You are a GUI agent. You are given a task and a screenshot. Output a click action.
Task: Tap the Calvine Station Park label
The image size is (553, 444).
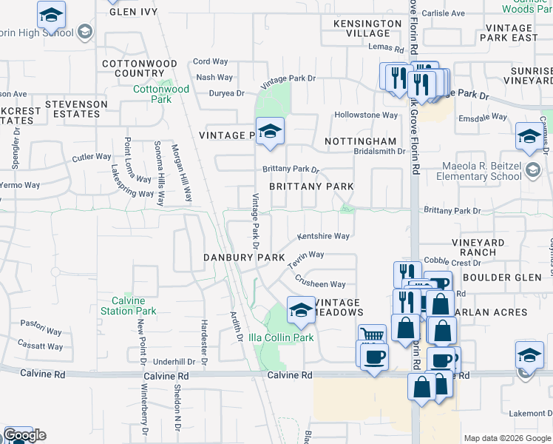[134, 306]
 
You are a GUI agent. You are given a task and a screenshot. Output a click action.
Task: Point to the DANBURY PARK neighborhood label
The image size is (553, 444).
[244, 257]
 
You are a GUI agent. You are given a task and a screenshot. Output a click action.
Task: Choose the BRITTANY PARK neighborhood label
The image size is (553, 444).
[311, 186]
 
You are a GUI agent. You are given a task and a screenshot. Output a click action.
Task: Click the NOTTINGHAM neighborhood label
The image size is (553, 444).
[360, 141]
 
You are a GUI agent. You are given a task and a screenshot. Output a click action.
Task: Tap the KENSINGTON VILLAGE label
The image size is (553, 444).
[362, 28]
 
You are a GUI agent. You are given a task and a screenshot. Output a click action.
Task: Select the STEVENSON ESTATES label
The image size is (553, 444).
[72, 109]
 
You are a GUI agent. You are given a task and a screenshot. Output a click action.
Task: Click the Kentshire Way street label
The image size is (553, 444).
[323, 236]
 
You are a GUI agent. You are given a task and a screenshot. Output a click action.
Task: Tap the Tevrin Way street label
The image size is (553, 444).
[306, 260]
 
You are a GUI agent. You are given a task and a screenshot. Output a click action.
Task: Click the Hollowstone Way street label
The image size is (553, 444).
[366, 115]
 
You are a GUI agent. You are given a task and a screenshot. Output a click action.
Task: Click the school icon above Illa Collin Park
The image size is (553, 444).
[300, 311]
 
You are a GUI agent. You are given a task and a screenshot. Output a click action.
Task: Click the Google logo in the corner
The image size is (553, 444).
[24, 435]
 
